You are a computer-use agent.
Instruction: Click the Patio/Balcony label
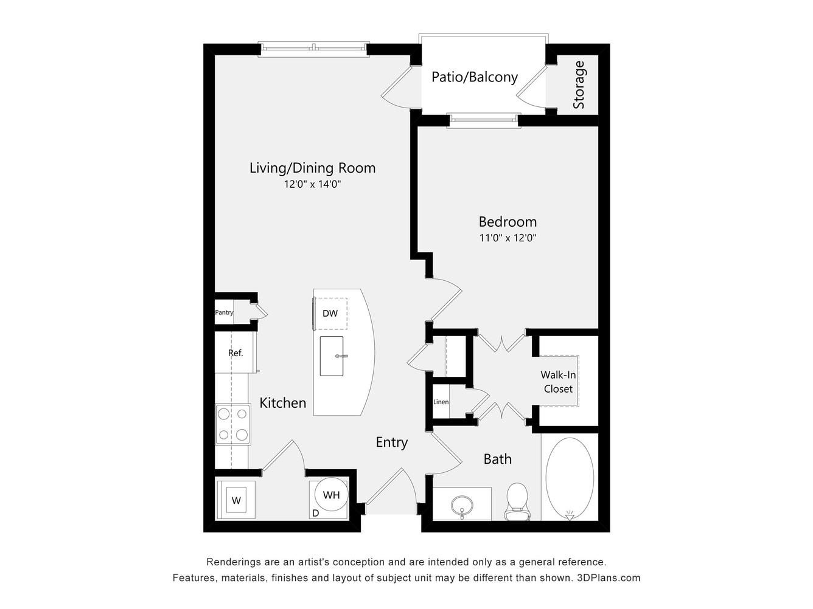(475, 77)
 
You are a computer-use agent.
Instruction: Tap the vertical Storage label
(579, 85)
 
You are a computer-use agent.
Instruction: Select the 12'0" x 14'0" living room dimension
(312, 184)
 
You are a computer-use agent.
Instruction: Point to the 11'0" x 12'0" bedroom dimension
(508, 238)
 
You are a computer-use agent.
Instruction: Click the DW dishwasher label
(330, 314)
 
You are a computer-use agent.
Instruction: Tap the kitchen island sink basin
(332, 356)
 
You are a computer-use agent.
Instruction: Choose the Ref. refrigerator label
(236, 353)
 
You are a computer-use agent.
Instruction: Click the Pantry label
(224, 312)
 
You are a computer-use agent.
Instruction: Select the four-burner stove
(233, 424)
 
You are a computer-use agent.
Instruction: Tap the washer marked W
(236, 501)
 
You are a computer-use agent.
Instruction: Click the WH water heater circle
(331, 495)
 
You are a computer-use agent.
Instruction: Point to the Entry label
(391, 442)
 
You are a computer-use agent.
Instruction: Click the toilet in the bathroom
(517, 502)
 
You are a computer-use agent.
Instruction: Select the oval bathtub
(570, 479)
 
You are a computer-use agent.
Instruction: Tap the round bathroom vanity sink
(462, 504)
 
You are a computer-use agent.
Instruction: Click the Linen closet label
(441, 402)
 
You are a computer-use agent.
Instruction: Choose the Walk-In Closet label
(558, 382)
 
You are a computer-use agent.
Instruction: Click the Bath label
(497, 459)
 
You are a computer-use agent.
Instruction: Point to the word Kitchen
(282, 403)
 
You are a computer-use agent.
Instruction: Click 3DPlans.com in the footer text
(609, 577)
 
